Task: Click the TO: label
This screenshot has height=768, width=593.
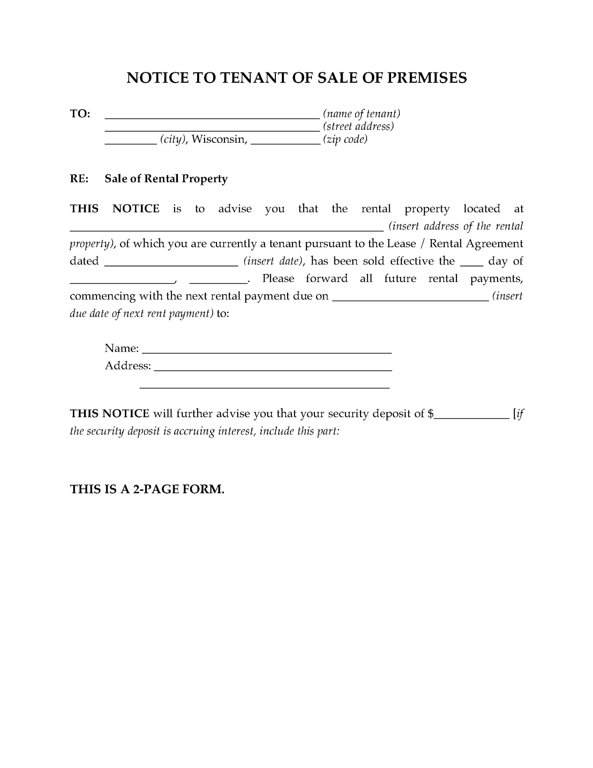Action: coord(80,114)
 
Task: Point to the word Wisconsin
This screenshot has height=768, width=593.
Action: coord(219,139)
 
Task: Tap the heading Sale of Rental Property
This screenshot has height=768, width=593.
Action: coord(166,179)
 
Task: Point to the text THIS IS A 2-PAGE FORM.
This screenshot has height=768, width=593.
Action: coord(147,489)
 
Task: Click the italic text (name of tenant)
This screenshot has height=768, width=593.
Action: coord(361,114)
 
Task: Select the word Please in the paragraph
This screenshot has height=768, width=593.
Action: coord(278,278)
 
